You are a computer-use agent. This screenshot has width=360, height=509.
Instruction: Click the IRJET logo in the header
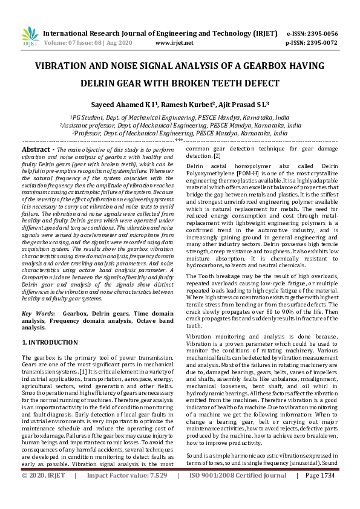29,38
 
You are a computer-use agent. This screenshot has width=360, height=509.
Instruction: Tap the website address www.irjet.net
174,43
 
